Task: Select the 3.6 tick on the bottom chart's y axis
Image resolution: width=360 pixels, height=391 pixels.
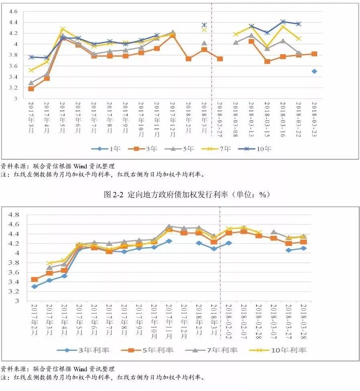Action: tap(14, 272)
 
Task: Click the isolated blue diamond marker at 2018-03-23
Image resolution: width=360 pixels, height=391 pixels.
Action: tap(314, 71)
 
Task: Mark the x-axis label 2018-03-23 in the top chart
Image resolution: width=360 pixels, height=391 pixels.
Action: tap(314, 117)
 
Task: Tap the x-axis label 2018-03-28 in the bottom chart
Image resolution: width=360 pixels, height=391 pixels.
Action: tap(303, 319)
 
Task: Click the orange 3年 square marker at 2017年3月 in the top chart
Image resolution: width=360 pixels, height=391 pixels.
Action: tap(31, 88)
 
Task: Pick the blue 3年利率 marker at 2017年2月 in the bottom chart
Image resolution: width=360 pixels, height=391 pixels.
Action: tap(35, 287)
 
